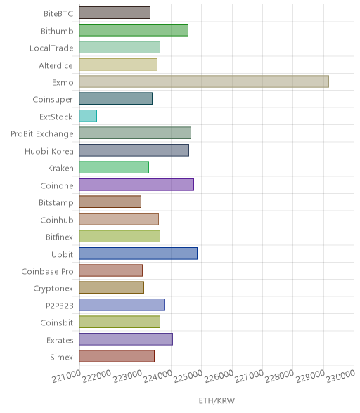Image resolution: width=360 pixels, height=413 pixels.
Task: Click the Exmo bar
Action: [x=204, y=81]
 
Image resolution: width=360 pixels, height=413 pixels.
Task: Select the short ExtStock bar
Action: [x=88, y=116]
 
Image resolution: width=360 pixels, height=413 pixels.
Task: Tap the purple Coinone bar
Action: [x=136, y=185]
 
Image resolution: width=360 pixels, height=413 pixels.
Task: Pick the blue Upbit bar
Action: [x=139, y=254]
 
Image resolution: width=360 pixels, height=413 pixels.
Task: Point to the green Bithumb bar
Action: [x=134, y=30]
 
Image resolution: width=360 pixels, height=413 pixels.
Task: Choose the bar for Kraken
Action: [x=114, y=167]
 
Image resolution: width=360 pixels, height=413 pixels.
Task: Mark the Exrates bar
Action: [x=126, y=339]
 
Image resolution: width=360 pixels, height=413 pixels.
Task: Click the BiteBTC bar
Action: [x=115, y=13]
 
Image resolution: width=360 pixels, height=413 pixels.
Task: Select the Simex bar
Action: [x=117, y=356]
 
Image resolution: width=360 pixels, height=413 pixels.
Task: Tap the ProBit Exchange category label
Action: [x=42, y=134]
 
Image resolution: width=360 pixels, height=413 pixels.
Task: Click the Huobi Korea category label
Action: [x=49, y=152]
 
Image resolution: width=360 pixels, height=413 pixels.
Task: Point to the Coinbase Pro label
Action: [x=47, y=272]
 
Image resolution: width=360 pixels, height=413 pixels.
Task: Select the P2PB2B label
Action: [x=60, y=306]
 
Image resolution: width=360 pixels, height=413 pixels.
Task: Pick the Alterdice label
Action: [x=56, y=65]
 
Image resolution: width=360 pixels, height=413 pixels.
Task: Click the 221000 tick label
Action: [x=67, y=376]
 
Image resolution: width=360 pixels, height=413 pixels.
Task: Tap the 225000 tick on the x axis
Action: [x=188, y=376]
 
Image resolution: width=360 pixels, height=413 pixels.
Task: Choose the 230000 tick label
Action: [x=341, y=376]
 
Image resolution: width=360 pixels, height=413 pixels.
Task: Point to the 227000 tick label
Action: [x=249, y=376]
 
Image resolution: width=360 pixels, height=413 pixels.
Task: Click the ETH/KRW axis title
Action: [x=217, y=401]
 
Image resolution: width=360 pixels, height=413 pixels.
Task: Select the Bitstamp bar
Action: [x=110, y=202]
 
